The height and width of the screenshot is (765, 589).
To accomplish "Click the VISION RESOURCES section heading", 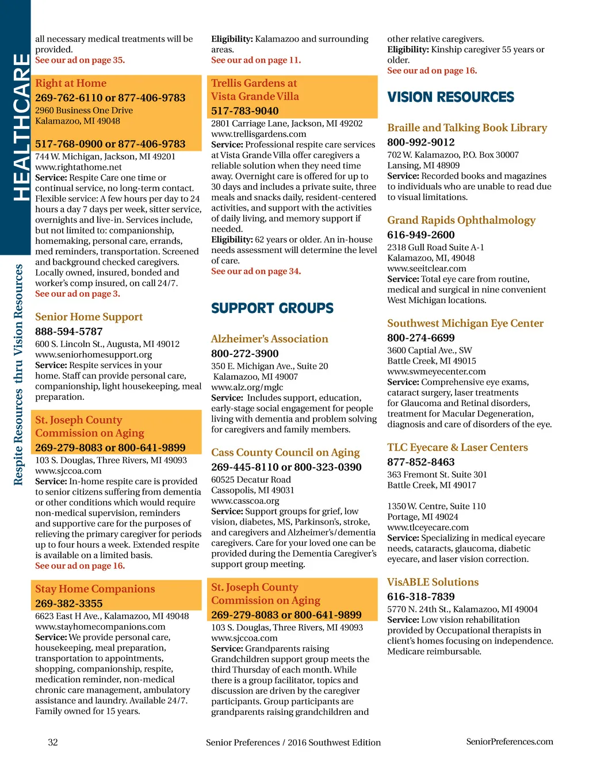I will [x=450, y=97].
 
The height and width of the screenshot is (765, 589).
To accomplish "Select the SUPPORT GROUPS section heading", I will [x=272, y=308].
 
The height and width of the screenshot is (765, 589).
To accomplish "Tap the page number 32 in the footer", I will [x=53, y=742].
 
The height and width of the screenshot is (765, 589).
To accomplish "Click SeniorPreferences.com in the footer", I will [x=510, y=741].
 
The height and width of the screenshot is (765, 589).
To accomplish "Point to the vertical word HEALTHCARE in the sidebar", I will [x=21, y=127].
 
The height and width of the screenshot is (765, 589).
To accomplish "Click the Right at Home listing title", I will [x=71, y=83].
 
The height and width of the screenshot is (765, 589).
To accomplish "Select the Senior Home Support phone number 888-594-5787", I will [x=69, y=331].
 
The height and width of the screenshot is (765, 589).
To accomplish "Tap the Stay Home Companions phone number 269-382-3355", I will [x=69, y=603].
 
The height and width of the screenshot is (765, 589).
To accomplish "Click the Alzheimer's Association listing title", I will [x=269, y=339].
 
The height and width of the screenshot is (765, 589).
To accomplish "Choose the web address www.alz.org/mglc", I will [x=247, y=387].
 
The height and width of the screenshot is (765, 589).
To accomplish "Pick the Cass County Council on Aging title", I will [x=285, y=453].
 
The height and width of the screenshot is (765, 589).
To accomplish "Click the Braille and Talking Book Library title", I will [x=467, y=128].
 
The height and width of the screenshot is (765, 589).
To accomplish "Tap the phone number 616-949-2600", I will [x=421, y=235].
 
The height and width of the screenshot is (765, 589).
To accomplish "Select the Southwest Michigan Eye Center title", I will [x=465, y=323].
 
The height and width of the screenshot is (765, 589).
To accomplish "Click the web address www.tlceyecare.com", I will [x=428, y=527].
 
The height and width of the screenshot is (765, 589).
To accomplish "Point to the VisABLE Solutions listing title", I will [x=433, y=582].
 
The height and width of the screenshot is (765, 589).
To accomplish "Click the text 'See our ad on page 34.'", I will [x=256, y=271].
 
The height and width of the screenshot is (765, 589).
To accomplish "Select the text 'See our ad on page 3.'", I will [x=78, y=293].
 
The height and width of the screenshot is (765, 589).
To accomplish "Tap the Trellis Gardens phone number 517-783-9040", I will [x=245, y=110].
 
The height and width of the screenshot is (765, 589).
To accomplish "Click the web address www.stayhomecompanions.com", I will [x=100, y=626].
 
